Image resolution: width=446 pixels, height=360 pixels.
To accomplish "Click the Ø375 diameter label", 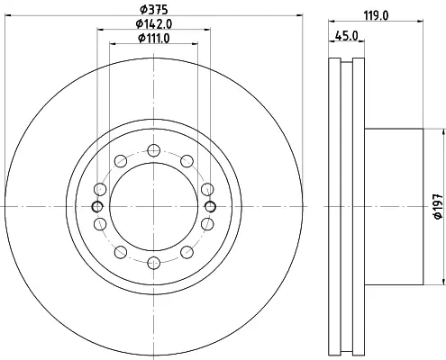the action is tap(154, 10).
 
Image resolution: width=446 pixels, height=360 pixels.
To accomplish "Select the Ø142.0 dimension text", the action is tap(154, 24).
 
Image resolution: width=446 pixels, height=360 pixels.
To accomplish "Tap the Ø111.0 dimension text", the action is tap(154, 39).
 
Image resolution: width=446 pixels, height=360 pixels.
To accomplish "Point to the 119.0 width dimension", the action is tap(376, 15).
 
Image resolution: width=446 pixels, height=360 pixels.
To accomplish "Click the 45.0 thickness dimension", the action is tap(347, 36).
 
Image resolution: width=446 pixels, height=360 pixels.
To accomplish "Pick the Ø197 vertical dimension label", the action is tap(439, 206).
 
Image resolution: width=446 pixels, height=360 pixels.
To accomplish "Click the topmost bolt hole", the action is tap(154, 150).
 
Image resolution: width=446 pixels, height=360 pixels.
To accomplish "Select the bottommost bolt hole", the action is tap(154, 263).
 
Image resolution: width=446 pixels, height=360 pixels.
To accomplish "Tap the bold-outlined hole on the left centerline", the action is tap(97, 206).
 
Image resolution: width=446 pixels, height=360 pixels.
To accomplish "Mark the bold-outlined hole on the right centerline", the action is tap(210, 206).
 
